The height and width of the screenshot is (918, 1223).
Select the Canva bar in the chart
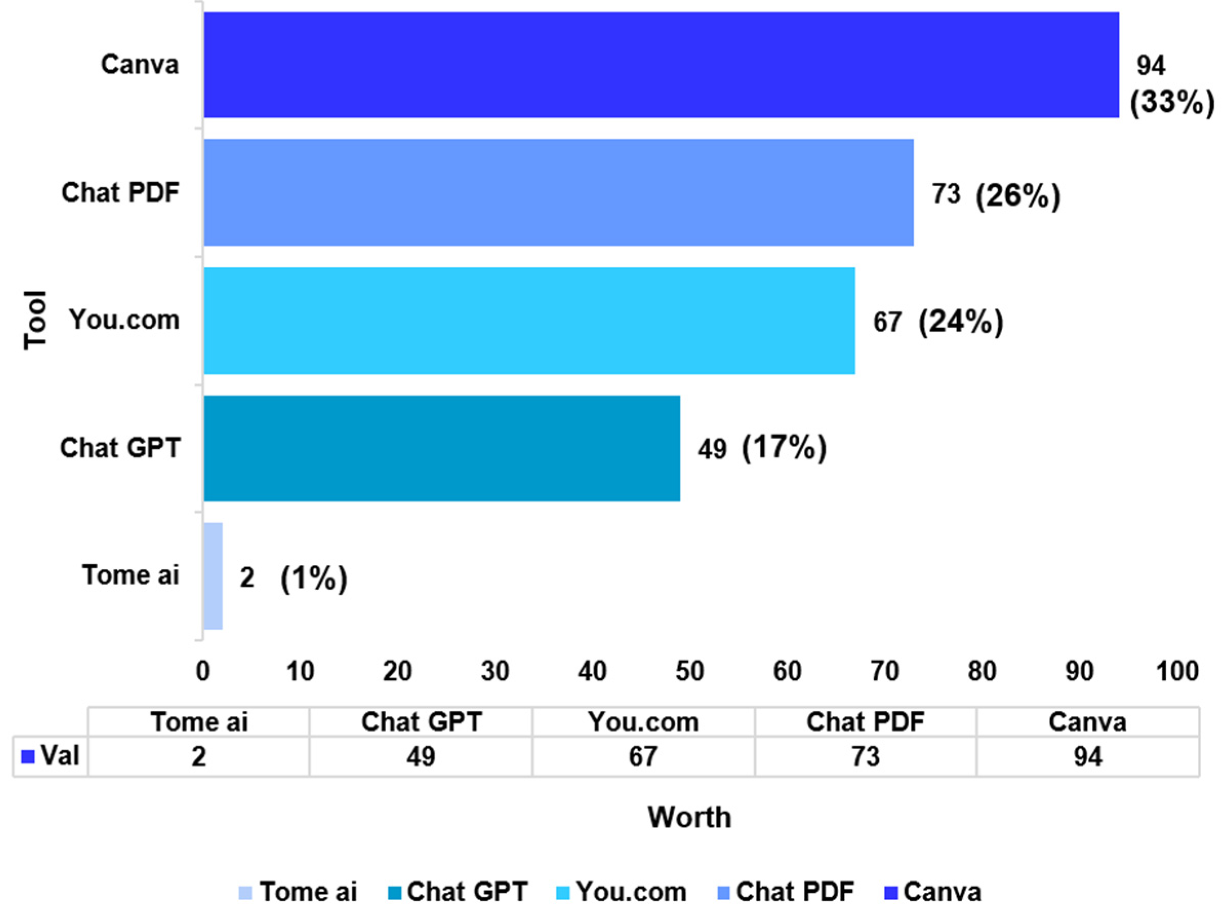661,65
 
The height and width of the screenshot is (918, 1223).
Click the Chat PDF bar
558,192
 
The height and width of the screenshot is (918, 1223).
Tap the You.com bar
529,321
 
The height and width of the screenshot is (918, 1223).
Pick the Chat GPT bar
442,448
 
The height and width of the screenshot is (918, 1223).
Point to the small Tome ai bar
213,576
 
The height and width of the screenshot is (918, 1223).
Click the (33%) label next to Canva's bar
1172,103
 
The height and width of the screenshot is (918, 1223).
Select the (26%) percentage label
1018,196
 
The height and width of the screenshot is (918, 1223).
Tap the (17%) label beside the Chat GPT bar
784,448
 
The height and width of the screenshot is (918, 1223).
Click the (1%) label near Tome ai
314,578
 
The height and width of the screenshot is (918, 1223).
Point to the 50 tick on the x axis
689,672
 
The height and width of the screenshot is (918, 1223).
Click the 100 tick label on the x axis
1177,672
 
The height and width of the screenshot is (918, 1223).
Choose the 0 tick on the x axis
203,672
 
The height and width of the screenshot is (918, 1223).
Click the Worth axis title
689,817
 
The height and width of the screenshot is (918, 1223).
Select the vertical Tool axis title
35,320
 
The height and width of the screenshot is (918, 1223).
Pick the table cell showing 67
643,756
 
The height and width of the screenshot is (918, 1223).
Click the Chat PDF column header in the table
865,722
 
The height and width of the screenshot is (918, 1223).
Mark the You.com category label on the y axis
125,320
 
